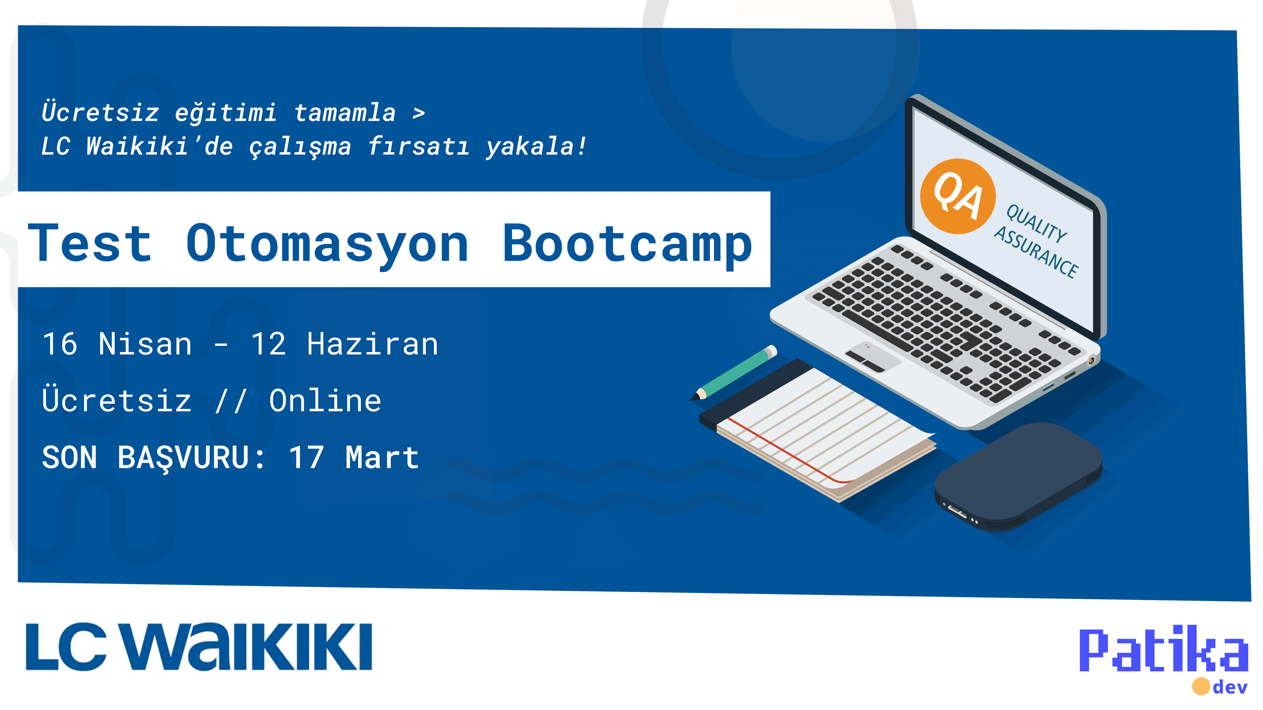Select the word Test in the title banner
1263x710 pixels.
tap(90, 243)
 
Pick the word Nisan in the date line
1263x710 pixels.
tap(145, 344)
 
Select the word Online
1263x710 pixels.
tap(325, 401)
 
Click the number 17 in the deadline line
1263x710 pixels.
tap(307, 458)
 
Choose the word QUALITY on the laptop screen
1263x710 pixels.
tap(1036, 224)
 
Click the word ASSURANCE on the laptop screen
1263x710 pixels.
tap(1036, 252)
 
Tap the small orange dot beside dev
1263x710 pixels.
tap(1201, 686)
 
